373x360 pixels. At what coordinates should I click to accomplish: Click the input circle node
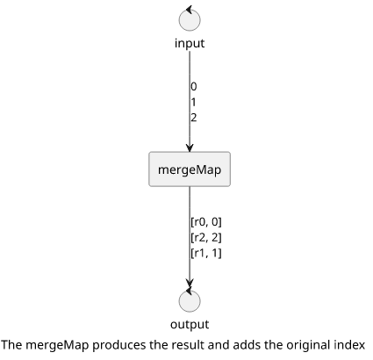[190, 20]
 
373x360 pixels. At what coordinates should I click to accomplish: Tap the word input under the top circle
[190, 43]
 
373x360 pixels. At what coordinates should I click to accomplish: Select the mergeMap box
[190, 169]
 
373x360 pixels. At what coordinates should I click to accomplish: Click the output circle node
[190, 301]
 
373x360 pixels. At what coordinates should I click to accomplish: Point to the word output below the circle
[190, 324]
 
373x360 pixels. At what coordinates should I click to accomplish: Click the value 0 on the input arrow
[194, 87]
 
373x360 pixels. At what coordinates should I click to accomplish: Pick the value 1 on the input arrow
[193, 102]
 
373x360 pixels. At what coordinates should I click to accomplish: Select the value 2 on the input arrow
[194, 118]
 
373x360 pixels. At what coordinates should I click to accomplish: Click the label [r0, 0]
[206, 222]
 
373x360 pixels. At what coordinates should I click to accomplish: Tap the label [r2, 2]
[206, 237]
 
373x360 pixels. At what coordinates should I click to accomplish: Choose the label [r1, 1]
[206, 253]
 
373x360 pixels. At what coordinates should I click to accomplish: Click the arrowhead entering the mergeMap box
[190, 148]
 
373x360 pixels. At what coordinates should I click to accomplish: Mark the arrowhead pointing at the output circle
[190, 283]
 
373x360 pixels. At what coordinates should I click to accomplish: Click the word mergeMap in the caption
[57, 345]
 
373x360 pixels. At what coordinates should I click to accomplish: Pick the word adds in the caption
[246, 345]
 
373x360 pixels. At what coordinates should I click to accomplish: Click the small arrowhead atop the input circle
[189, 10]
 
